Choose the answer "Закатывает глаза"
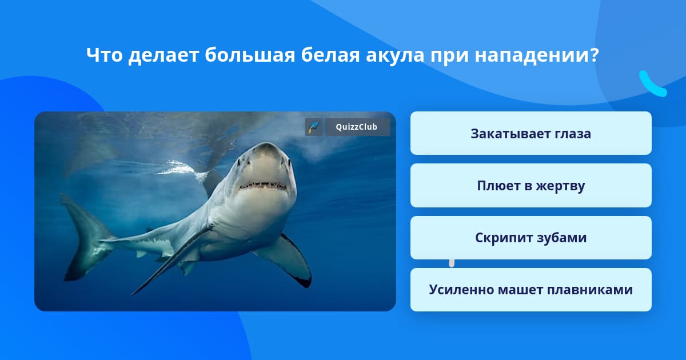pos(531,133)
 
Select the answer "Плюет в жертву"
pos(531,186)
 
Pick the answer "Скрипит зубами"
pos(531,238)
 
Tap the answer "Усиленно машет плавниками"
pos(531,290)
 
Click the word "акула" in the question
pos(395,56)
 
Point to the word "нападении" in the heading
pos(537,56)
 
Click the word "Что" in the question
pos(105,55)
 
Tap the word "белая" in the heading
pos(330,55)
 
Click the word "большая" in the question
pos(250,55)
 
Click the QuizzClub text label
pos(357,127)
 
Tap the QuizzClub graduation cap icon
pos(314,127)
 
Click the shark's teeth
pos(264,186)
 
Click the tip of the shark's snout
pos(266,145)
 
